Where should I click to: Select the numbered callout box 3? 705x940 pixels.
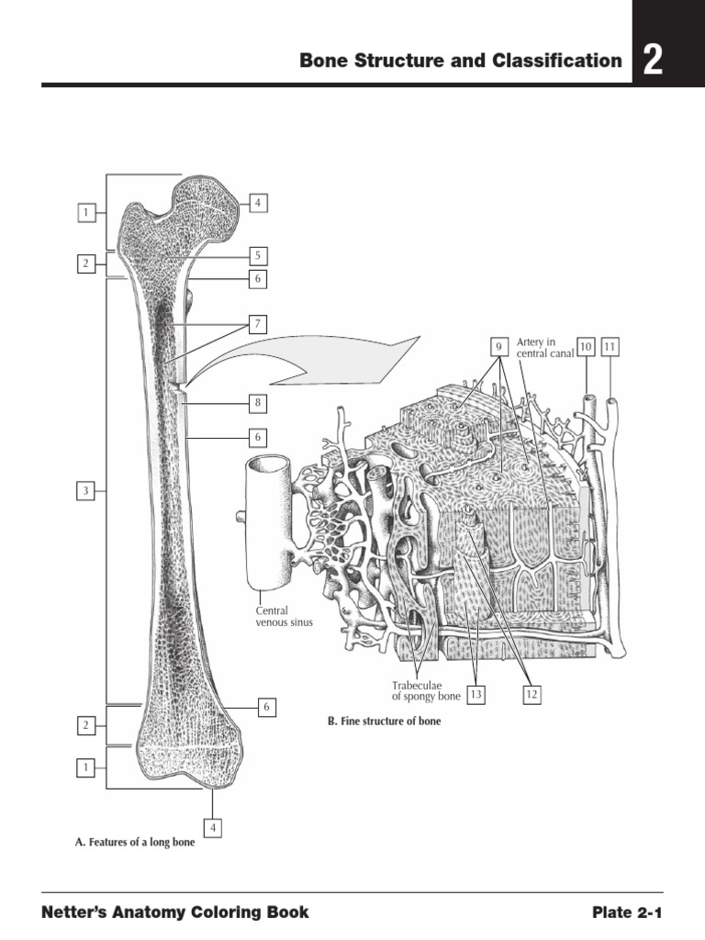point(85,491)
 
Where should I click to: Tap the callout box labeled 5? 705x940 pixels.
point(259,255)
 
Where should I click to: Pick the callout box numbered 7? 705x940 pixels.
point(259,324)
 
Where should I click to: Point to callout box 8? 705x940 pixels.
point(259,402)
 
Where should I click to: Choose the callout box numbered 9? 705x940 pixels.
point(498,347)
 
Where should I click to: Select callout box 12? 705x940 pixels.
point(532,695)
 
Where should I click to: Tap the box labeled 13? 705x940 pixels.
point(475,695)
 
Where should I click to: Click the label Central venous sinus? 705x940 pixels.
point(284,616)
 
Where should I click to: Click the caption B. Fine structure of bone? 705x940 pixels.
point(384,722)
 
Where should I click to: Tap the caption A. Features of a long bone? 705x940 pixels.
point(134,841)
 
